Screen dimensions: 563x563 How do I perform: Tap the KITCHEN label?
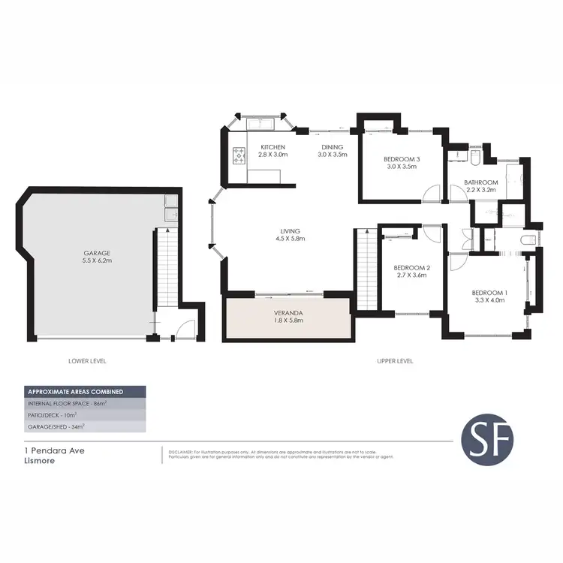tap(272, 146)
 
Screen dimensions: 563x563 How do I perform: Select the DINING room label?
tap(332, 146)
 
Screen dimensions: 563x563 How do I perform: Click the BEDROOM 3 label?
tap(402, 159)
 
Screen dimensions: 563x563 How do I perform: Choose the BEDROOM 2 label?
tap(412, 268)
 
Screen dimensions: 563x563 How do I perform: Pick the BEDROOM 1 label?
tap(489, 293)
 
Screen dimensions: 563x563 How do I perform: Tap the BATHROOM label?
tap(481, 182)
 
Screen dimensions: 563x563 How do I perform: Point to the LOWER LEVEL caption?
tap(87, 361)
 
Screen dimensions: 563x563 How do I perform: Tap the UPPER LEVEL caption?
tap(396, 361)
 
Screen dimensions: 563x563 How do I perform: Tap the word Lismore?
tap(39, 461)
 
